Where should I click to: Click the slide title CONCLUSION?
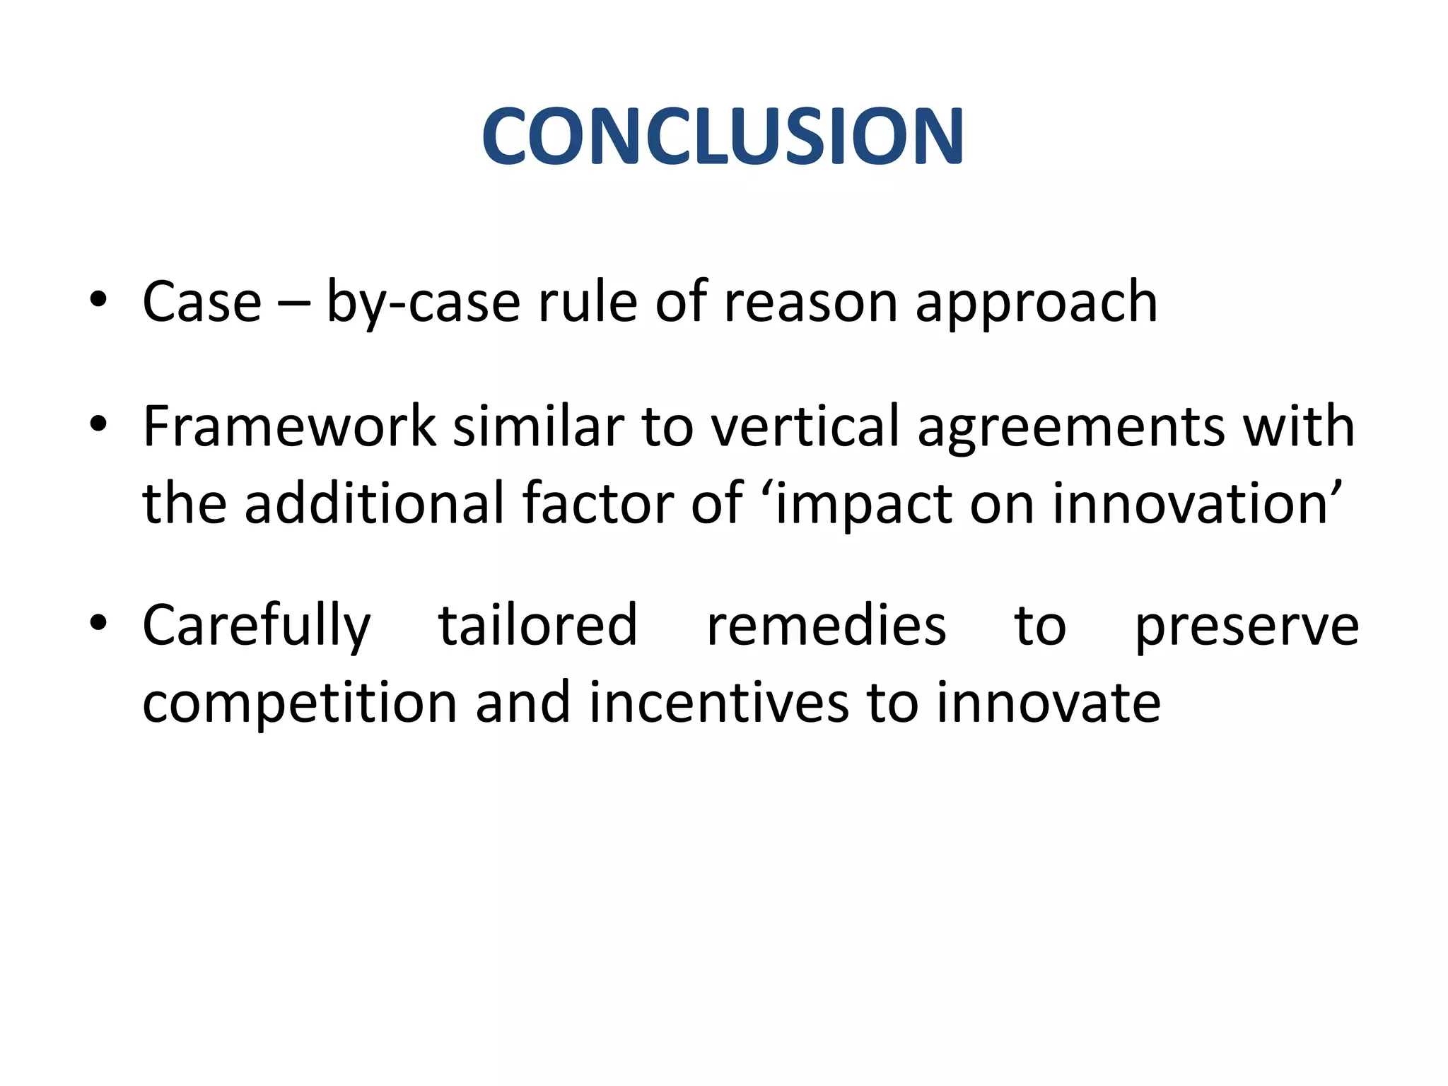coord(723,136)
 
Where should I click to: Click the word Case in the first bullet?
coord(202,302)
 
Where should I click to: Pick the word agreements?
coord(1070,428)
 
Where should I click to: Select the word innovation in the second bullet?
coord(1190,503)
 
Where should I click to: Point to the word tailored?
coord(537,625)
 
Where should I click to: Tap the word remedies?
coord(826,626)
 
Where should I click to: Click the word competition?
coord(300,703)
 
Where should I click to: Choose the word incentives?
coord(718,703)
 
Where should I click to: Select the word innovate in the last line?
coord(1049,703)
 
